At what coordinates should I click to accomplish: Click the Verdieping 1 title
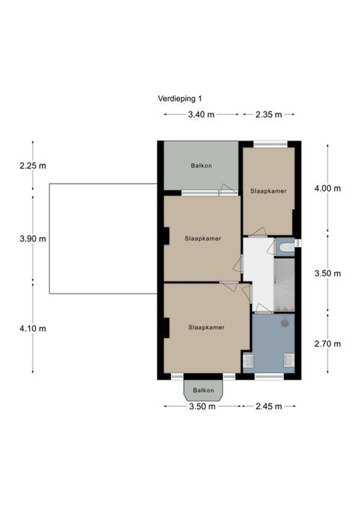(x=180, y=99)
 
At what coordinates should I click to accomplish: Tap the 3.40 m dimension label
(x=201, y=115)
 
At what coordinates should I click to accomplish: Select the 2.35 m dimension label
(x=269, y=115)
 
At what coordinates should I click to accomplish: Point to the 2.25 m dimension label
(x=33, y=166)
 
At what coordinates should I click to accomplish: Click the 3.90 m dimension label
(x=33, y=239)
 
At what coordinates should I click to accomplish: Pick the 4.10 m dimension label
(x=33, y=328)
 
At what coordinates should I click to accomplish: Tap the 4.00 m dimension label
(x=327, y=188)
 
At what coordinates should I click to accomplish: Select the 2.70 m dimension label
(x=327, y=344)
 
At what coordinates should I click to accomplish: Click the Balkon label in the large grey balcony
(x=201, y=166)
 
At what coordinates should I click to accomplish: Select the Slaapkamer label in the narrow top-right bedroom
(x=268, y=191)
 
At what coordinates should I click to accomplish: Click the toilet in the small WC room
(x=287, y=247)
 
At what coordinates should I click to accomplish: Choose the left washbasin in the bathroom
(x=248, y=361)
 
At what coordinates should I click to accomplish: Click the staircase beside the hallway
(x=284, y=285)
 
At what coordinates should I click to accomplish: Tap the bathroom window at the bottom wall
(x=269, y=376)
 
